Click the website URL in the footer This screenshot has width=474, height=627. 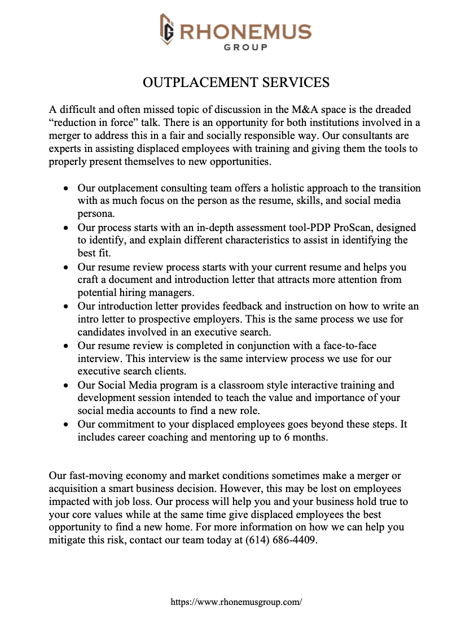click(x=236, y=602)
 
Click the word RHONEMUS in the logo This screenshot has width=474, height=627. click(x=245, y=31)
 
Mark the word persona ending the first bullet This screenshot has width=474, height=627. click(x=95, y=214)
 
